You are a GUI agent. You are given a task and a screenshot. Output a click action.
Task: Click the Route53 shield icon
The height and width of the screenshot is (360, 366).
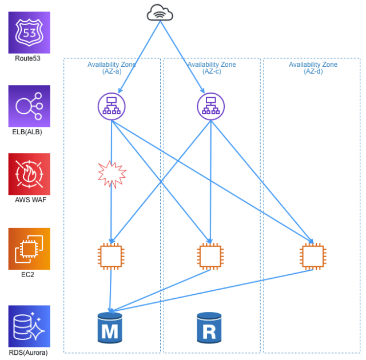pyautogui.click(x=29, y=33)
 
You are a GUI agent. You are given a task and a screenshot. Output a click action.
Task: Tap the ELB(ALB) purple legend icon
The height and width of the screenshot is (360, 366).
pyautogui.click(x=29, y=106)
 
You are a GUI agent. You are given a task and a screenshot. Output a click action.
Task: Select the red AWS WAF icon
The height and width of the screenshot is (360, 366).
pyautogui.click(x=29, y=174)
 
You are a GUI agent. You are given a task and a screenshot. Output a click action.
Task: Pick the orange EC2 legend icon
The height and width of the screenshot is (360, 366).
pyautogui.click(x=29, y=249)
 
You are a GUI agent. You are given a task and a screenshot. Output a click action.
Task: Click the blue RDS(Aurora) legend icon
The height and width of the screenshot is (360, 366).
pyautogui.click(x=29, y=326)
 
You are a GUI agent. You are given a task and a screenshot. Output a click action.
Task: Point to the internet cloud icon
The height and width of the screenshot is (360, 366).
pyautogui.click(x=160, y=13)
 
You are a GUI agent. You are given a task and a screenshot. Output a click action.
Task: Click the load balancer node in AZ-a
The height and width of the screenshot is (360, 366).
pyautogui.click(x=112, y=106)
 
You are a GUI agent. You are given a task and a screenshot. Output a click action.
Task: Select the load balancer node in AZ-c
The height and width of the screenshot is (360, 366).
pyautogui.click(x=211, y=106)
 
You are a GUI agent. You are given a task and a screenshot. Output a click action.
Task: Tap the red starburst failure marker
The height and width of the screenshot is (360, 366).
pyautogui.click(x=112, y=174)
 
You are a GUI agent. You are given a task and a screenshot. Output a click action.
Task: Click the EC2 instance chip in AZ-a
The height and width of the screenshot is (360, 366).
pyautogui.click(x=111, y=256)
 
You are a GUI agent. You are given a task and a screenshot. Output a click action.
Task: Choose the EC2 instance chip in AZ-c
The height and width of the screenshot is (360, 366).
pyautogui.click(x=210, y=256)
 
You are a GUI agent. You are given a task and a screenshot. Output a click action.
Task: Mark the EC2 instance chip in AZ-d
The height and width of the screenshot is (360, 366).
pyautogui.click(x=313, y=256)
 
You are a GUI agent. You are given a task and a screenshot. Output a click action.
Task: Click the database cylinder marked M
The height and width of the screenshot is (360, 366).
pyautogui.click(x=110, y=328)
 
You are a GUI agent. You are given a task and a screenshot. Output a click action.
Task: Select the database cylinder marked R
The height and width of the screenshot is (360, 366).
pyautogui.click(x=209, y=328)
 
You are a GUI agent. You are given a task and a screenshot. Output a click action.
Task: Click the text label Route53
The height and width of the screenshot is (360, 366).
pyautogui.click(x=27, y=58)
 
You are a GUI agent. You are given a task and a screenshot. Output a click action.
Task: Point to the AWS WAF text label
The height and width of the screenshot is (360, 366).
pyautogui.click(x=30, y=200)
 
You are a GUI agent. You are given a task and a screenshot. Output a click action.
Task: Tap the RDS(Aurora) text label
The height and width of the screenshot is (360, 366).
pyautogui.click(x=28, y=353)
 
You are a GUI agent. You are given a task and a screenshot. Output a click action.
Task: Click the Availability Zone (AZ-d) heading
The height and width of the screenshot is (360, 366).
pyautogui.click(x=313, y=67)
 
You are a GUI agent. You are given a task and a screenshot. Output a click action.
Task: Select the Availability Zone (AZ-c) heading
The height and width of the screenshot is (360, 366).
pyautogui.click(x=212, y=67)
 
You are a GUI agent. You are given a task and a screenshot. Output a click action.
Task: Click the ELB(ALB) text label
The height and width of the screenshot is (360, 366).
pyautogui.click(x=27, y=132)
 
